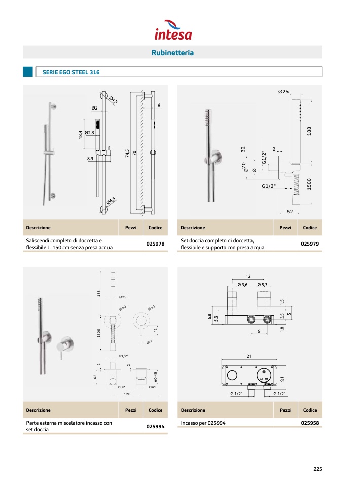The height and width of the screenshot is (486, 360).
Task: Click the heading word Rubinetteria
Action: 172,53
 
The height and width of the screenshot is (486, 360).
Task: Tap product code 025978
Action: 155,244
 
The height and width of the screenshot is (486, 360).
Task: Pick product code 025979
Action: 309,244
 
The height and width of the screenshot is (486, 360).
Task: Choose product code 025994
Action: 155,426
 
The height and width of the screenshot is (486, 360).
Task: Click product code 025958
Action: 309,422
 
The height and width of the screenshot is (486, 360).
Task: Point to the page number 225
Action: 317,469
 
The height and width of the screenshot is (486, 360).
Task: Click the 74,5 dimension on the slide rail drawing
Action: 127,154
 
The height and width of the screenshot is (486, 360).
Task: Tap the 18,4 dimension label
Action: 80,135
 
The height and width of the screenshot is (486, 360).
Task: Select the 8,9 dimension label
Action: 90,159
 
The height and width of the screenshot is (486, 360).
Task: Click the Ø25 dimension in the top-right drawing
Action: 283,92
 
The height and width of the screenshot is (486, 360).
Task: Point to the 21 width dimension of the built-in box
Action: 249,356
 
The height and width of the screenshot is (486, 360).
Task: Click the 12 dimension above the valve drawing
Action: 248,276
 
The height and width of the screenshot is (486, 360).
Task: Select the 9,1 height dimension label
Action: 283,376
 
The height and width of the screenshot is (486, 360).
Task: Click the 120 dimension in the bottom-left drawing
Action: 127,394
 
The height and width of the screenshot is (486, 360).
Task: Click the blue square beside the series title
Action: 28,72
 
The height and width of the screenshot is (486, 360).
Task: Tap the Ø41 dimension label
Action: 152,387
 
